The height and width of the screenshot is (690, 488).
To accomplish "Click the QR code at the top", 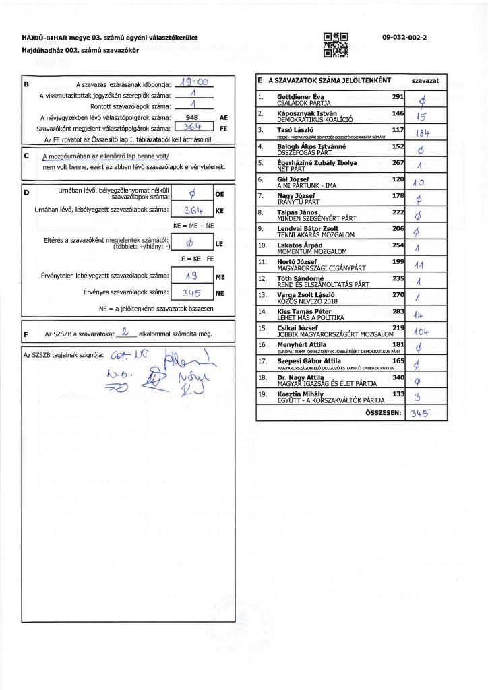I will click(336, 42).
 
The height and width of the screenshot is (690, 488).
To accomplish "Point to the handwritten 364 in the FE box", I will click(193, 127).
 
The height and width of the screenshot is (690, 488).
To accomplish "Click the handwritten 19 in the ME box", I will click(191, 276).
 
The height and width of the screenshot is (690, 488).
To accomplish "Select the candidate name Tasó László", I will click(294, 129).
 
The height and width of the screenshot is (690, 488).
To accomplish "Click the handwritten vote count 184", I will click(423, 133).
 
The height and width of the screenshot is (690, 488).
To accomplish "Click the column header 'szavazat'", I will click(425, 80).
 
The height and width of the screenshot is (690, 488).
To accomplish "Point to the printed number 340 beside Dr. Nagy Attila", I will click(397, 377).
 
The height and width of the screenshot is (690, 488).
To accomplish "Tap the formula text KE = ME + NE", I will click(193, 225).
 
